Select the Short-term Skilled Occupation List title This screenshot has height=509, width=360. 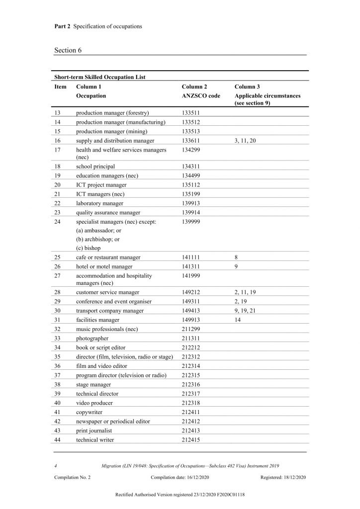pos(99,77)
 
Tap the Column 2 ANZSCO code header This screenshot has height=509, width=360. pos(200,91)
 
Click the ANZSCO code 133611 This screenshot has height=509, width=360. pos(191,141)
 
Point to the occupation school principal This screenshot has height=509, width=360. pos(95,167)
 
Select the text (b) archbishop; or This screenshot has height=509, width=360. pos(97,239)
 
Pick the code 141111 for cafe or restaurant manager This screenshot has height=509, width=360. pos(191,257)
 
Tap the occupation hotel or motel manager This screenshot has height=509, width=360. pos(104,266)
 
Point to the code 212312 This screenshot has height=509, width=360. pos(191,356)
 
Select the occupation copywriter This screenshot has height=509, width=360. pos(89,413)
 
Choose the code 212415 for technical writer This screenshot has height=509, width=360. pos(191,440)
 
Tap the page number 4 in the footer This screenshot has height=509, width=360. pos(56,466)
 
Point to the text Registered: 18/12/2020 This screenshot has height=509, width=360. pos(283,477)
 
